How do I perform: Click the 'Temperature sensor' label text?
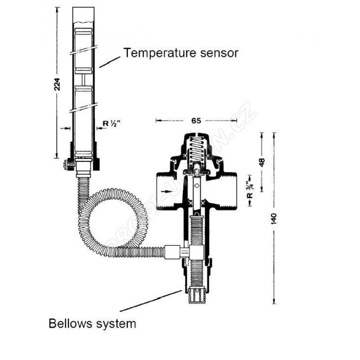[x=181, y=53]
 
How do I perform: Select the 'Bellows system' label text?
[x=92, y=323]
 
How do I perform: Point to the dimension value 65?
[x=196, y=120]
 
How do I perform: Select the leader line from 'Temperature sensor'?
[x=111, y=60]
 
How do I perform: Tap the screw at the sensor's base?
[x=67, y=165]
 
